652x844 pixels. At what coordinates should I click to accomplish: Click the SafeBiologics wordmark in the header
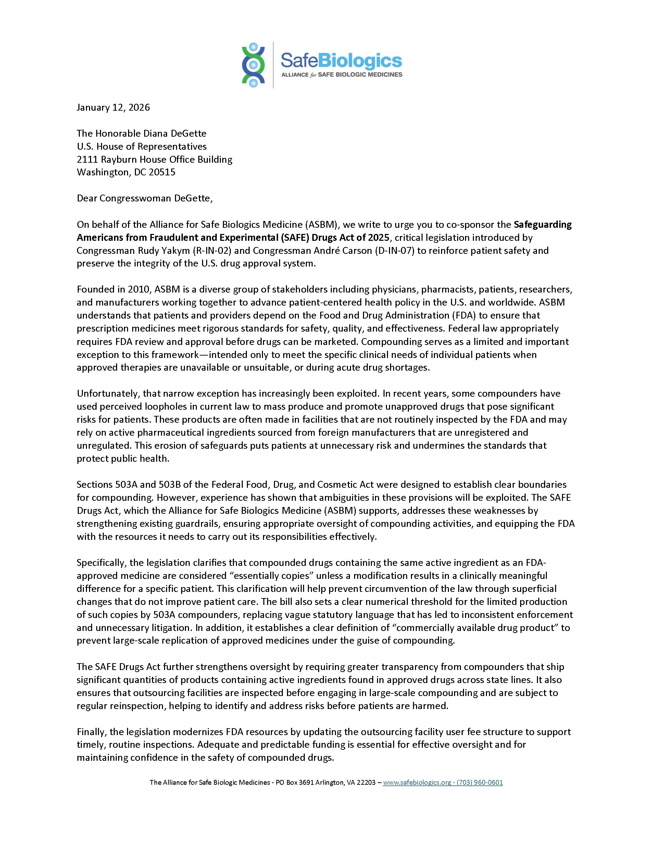341,60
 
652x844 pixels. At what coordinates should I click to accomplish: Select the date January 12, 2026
113,108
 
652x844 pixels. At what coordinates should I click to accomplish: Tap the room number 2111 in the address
87,159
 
